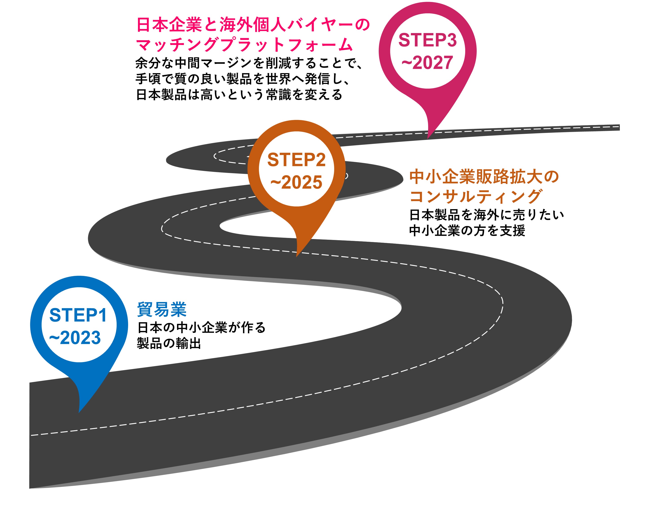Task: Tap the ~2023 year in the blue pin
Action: click(x=75, y=338)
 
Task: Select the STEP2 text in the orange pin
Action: click(x=296, y=160)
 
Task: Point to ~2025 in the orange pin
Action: click(x=296, y=182)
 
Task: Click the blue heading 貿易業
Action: click(x=162, y=309)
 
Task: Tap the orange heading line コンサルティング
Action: click(x=476, y=197)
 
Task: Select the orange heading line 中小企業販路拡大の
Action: click(x=484, y=177)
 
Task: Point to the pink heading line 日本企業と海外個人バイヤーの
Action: click(x=253, y=25)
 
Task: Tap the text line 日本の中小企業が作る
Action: click(x=201, y=327)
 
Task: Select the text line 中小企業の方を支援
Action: click(x=467, y=231)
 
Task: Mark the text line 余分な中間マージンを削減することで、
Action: click(x=249, y=63)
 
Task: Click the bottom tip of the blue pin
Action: click(x=79, y=412)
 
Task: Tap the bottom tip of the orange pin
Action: click(x=296, y=256)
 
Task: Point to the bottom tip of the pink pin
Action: click(x=428, y=138)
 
